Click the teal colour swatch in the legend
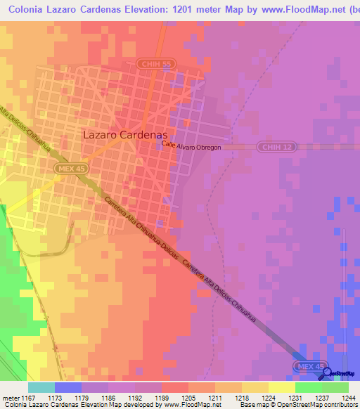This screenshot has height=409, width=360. coord(41,387)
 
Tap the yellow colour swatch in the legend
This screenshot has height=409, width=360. coord(282,387)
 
